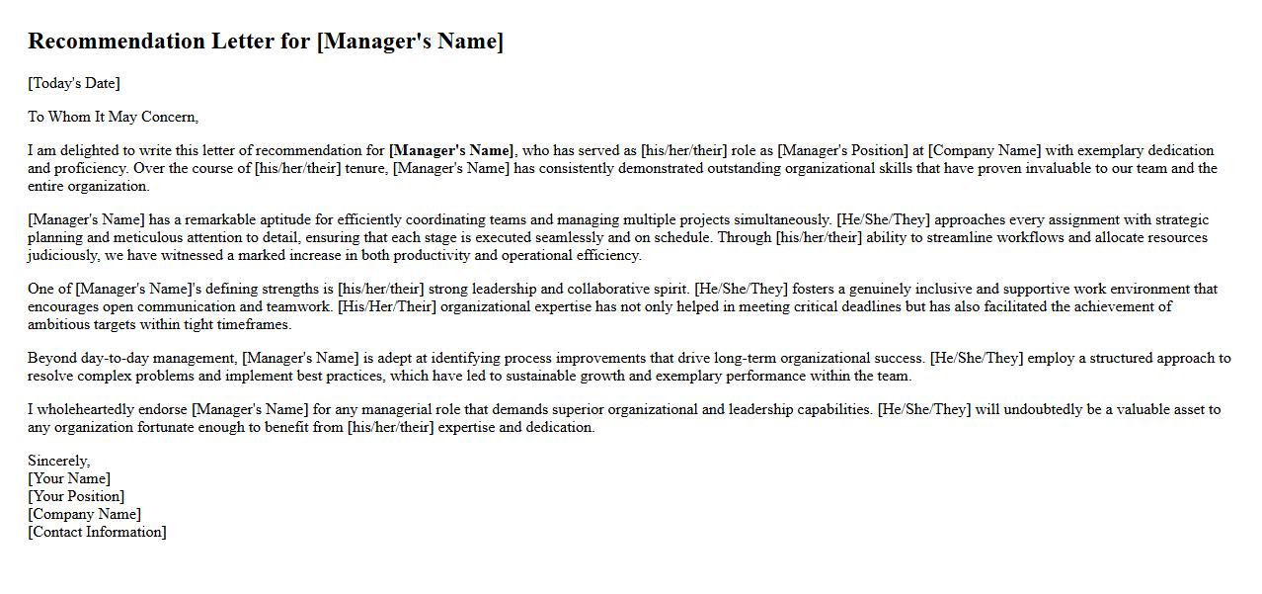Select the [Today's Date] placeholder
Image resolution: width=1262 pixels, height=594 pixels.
[74, 83]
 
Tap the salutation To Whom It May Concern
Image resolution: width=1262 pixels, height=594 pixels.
[113, 117]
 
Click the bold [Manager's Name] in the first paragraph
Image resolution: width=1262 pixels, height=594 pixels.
[451, 150]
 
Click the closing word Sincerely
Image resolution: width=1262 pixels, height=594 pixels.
[58, 461]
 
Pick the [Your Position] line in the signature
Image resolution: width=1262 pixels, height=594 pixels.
[76, 496]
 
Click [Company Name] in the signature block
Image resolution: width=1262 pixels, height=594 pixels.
[84, 514]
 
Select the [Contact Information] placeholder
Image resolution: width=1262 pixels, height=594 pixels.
[97, 532]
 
